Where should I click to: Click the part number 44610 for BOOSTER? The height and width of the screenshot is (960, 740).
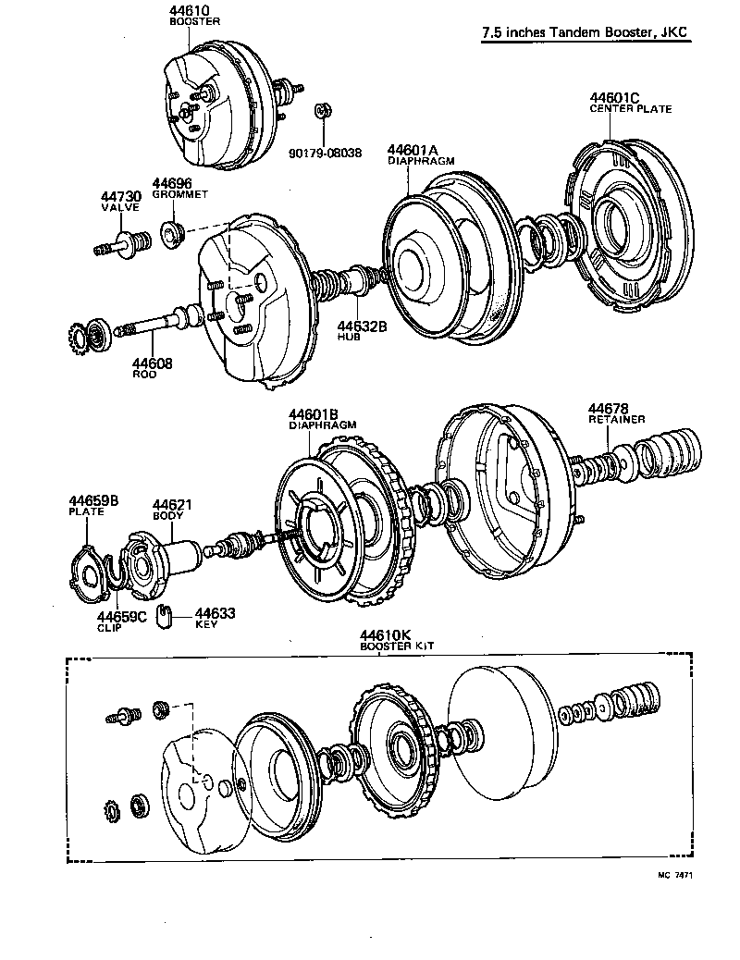190,10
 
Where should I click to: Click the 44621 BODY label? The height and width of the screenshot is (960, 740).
171,507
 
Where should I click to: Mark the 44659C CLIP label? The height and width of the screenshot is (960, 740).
122,621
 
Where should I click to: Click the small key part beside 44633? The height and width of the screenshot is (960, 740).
166,614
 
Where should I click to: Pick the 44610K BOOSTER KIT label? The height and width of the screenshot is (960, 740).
385,639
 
